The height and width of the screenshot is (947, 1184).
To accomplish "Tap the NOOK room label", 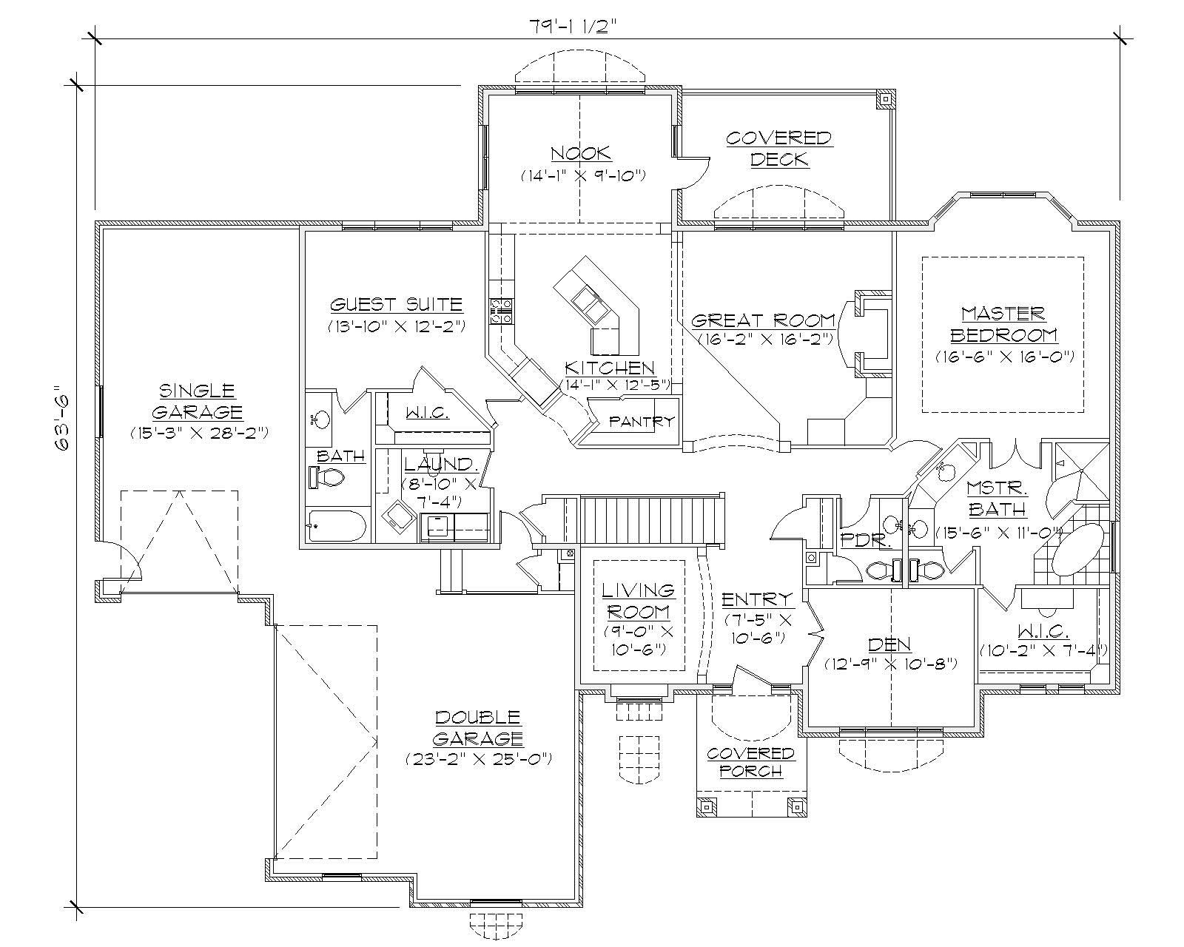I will point(581,153).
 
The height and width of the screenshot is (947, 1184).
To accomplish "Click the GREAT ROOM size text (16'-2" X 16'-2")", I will point(766,339).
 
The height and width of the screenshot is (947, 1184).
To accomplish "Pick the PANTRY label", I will point(642,422).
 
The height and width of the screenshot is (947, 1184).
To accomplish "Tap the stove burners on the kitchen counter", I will point(501,311).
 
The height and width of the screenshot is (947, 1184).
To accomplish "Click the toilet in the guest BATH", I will point(327,478).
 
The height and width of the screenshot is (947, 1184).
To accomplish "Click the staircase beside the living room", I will point(650,519).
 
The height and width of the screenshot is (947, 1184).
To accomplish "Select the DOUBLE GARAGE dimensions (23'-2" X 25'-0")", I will point(479,760).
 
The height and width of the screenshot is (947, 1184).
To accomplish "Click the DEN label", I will point(890,644).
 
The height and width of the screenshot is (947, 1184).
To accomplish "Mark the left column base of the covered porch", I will point(707,806).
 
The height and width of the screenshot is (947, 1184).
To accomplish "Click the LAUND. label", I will point(438,465).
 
